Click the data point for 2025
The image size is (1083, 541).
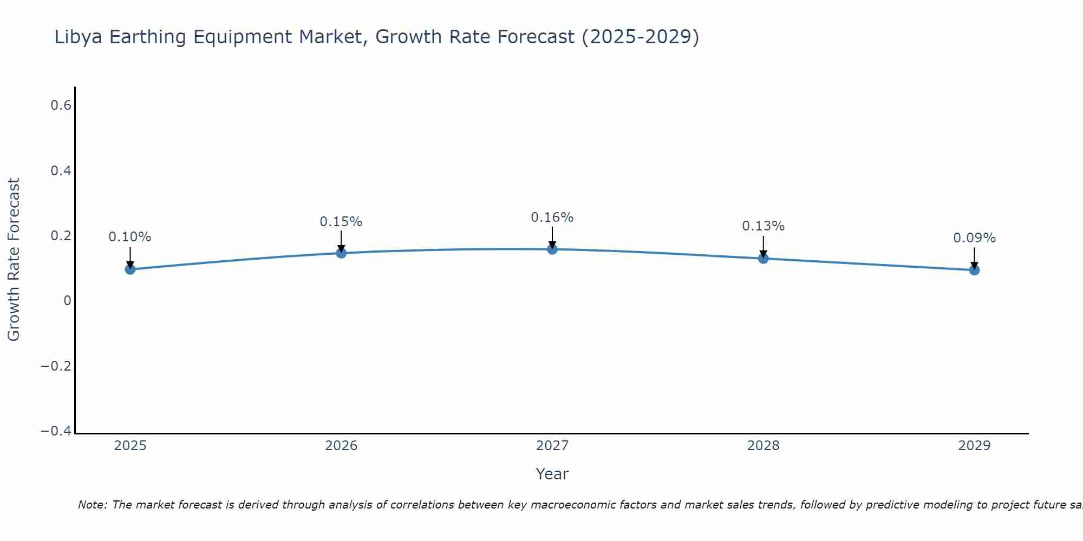(130, 269)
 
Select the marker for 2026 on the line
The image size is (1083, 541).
(341, 253)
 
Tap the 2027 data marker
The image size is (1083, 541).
(552, 249)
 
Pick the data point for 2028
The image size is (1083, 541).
(763, 258)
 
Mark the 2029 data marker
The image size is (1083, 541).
(974, 269)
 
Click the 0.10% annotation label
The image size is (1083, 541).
(130, 237)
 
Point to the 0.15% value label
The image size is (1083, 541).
(341, 222)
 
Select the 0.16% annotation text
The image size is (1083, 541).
(552, 217)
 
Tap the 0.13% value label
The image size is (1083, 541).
(763, 226)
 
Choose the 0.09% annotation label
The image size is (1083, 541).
(974, 238)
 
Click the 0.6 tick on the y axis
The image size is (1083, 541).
(61, 105)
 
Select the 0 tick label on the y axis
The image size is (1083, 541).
(67, 301)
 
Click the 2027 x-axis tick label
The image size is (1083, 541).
(552, 446)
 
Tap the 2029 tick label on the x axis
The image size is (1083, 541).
(974, 446)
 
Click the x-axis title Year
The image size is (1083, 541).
(552, 474)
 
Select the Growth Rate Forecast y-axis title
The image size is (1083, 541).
(14, 260)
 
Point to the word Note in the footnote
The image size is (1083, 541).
(92, 505)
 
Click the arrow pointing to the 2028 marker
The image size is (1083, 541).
(763, 246)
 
